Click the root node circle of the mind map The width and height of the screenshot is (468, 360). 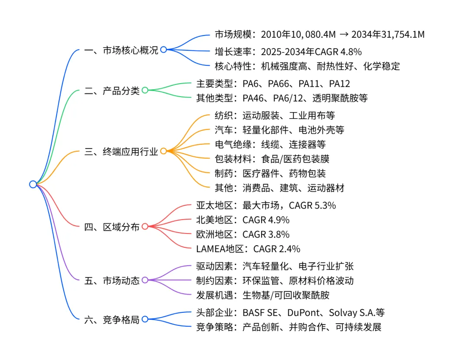pos(33,184)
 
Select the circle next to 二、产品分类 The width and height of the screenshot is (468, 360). pos(145,90)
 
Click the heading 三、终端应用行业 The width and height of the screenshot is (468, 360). pos(121,151)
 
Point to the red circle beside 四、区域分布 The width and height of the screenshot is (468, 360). pos(145,226)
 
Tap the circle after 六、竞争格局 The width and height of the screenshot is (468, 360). pos(145,319)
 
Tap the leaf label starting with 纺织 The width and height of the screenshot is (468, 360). pos(275,116)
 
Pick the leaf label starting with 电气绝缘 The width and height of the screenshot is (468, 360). pos(270,144)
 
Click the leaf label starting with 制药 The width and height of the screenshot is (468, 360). pos(270,173)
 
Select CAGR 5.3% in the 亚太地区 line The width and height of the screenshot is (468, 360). pos(312,205)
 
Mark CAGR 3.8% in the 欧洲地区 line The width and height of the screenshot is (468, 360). pos(266,234)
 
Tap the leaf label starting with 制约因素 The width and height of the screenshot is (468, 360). pos(275,280)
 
